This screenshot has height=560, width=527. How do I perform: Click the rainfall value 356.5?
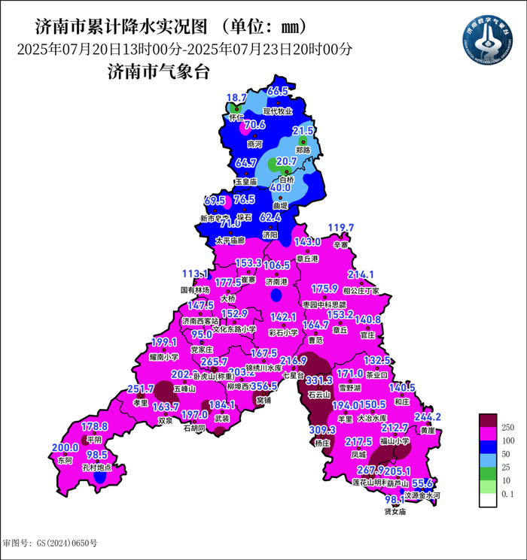click(263, 386)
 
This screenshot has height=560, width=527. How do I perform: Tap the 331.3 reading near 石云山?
click(318, 382)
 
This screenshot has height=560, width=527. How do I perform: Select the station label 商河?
click(254, 143)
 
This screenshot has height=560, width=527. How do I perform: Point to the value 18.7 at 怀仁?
click(236, 98)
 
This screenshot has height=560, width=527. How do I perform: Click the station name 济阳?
click(270, 235)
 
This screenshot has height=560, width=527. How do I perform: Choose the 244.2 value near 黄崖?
click(428, 416)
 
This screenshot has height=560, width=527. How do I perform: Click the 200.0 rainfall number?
click(65, 448)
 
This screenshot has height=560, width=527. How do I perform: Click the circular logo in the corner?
click(487, 38)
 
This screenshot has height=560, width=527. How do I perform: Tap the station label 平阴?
click(94, 440)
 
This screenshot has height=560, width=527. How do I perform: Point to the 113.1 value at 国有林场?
click(194, 274)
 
